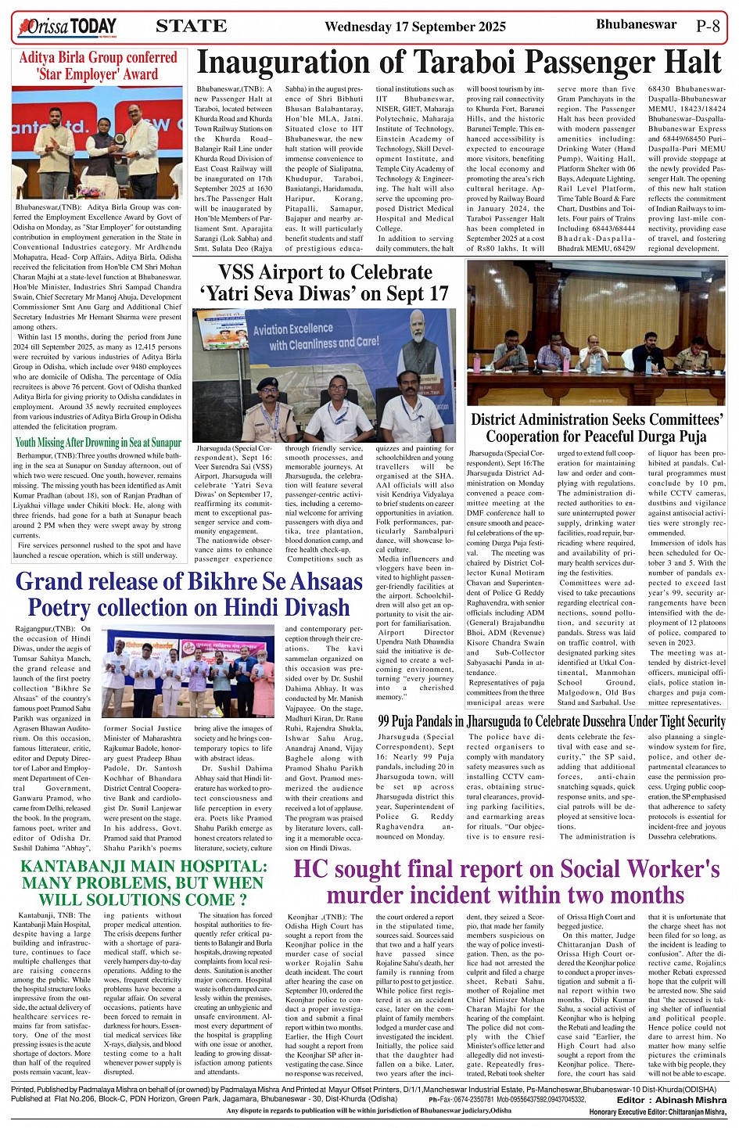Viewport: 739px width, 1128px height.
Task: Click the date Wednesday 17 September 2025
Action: pos(415,27)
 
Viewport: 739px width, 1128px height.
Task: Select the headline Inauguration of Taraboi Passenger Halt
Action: pos(458,63)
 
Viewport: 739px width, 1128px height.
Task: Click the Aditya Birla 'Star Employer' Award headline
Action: pos(98,66)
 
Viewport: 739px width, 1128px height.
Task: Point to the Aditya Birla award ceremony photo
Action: pos(98,143)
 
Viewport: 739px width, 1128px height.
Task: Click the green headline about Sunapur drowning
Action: pos(98,442)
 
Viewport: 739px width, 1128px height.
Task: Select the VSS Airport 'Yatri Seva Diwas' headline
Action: pos(325,282)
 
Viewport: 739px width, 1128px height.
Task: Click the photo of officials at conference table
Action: pos(596,333)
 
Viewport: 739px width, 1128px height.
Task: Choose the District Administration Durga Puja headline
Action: pos(596,428)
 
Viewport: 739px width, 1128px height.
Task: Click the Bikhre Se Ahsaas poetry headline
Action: pos(189,595)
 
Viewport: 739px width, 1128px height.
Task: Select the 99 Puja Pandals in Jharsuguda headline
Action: pos(551,721)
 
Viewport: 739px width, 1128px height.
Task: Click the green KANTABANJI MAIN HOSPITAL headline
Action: pos(143,883)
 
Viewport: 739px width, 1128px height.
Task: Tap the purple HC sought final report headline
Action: pos(506,882)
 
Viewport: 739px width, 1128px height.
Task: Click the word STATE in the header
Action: pos(192,27)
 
